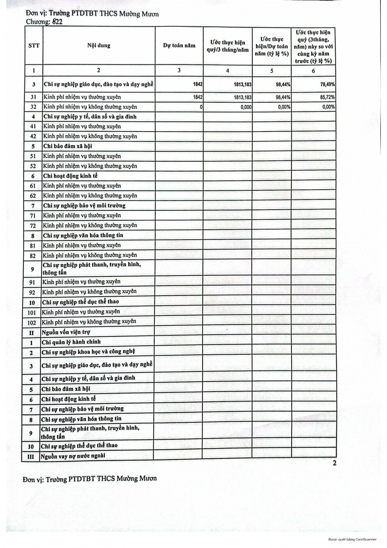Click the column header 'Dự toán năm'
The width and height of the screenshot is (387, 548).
[179, 46]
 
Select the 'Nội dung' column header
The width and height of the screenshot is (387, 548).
[99, 46]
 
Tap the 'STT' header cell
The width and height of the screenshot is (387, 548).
[34, 46]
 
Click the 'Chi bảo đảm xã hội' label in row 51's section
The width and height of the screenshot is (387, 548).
[68, 146]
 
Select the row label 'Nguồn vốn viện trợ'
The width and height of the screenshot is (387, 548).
[66, 332]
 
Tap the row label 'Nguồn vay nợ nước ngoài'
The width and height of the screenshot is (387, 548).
[73, 456]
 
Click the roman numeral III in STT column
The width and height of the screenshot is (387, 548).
[31, 456]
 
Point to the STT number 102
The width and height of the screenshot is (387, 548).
[32, 323]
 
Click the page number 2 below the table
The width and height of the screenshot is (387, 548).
[334, 463]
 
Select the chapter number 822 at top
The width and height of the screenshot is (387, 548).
[57, 22]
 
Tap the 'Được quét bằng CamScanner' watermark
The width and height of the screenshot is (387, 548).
[352, 539]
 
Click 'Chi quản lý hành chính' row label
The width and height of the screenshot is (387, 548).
[71, 342]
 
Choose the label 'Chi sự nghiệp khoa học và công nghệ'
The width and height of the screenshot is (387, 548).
[88, 352]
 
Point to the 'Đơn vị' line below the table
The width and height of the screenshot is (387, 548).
[89, 479]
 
